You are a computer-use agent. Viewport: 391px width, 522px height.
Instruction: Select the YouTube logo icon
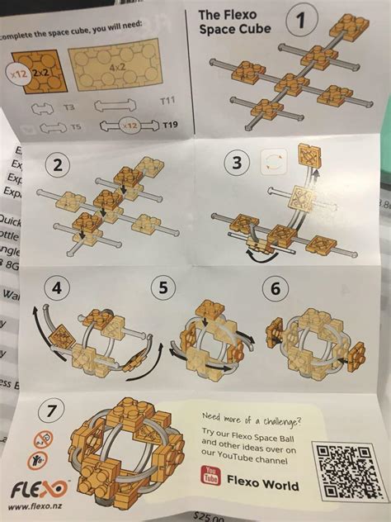tap(211, 478)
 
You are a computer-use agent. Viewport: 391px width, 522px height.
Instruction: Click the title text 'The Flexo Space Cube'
tap(230, 22)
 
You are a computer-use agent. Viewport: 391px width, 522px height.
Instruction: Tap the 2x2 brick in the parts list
tap(32, 72)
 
